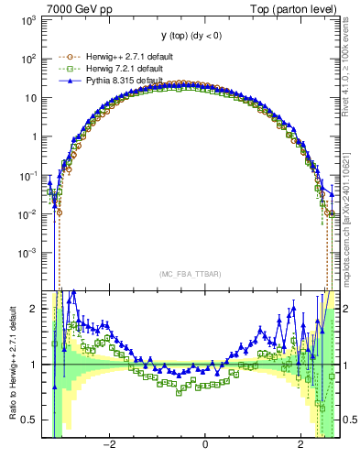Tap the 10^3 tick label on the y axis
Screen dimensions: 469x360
point(30,19)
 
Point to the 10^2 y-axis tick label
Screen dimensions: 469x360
point(30,59)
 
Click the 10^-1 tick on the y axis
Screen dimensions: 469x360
point(30,174)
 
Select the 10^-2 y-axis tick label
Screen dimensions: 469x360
point(30,213)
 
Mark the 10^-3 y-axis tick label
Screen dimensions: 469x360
point(30,252)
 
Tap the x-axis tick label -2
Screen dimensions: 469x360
point(109,445)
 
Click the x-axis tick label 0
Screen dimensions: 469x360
point(205,445)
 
